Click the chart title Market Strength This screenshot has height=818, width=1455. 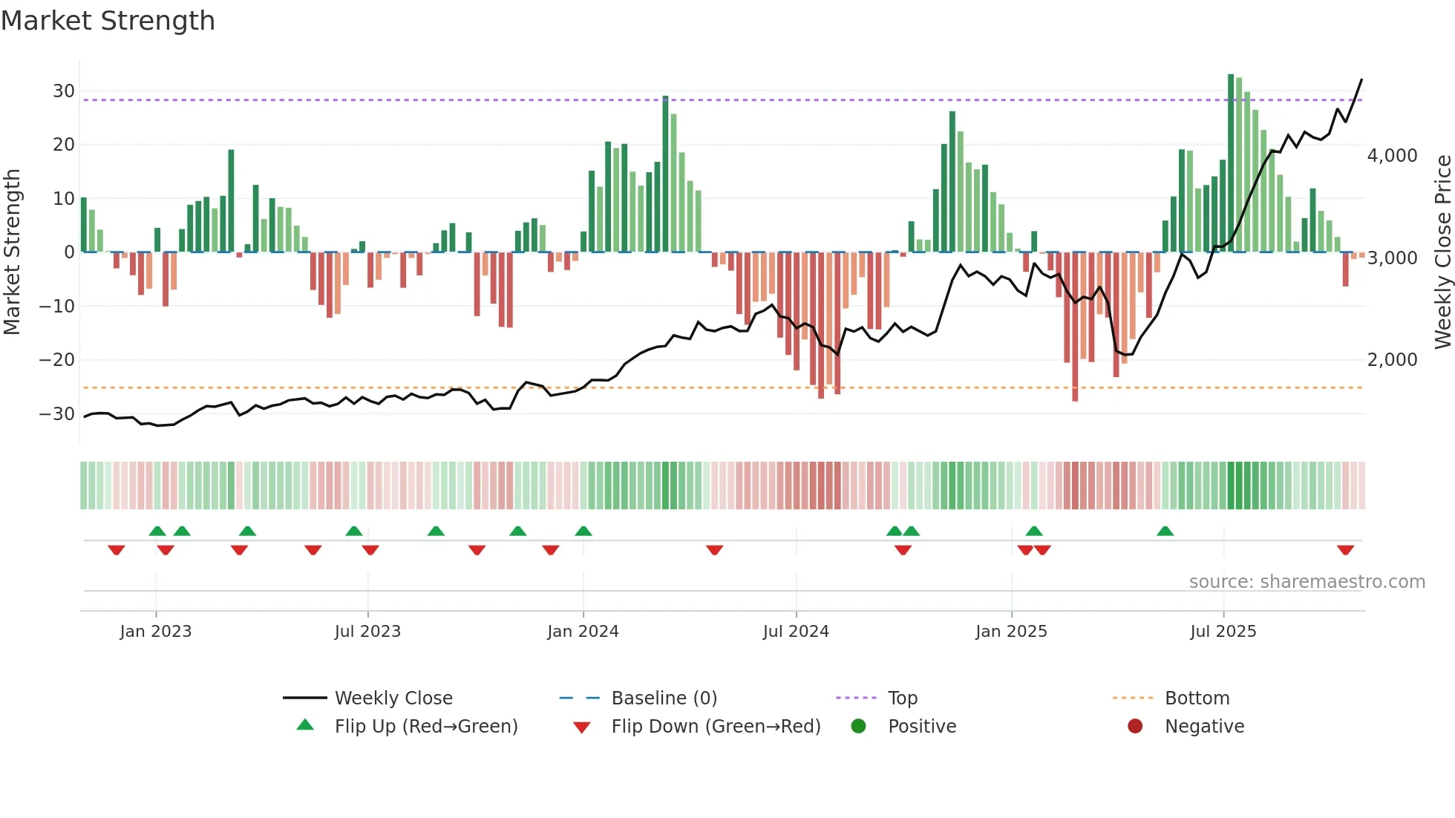click(108, 21)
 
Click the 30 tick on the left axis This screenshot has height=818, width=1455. click(64, 91)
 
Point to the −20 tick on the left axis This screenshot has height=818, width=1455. click(57, 360)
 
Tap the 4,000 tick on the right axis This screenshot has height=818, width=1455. click(1392, 156)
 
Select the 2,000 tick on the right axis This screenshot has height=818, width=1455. click(1392, 360)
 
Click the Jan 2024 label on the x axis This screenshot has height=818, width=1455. click(583, 632)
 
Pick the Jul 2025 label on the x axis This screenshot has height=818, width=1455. click(1223, 632)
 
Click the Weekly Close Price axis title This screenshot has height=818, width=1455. click(1442, 252)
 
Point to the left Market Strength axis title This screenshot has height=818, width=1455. click(12, 252)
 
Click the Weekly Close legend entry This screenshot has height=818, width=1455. click(393, 698)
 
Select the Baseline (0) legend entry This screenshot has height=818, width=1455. click(664, 698)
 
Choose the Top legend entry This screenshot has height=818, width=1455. click(902, 698)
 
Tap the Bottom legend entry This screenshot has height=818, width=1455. click(1197, 698)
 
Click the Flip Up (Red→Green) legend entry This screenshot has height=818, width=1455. click(425, 727)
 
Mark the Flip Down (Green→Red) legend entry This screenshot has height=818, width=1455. click(716, 727)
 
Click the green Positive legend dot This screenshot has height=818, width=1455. click(859, 727)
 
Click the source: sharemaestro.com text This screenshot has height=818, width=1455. click(1307, 582)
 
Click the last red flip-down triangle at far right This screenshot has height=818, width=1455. click(1345, 550)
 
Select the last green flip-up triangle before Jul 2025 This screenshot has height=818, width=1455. click(1165, 531)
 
